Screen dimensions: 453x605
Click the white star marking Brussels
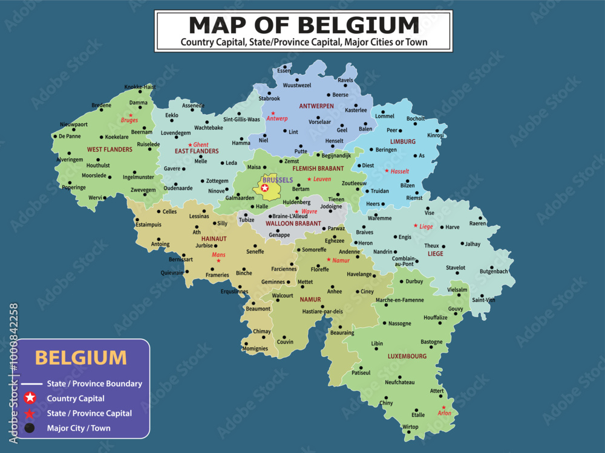pyautogui.click(x=264, y=188)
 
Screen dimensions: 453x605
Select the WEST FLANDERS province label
pyautogui.click(x=110, y=149)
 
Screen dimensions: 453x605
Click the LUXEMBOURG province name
pyautogui.click(x=407, y=356)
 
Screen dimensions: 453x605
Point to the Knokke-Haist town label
pyautogui.click(x=140, y=87)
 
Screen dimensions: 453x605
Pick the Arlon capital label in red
pyautogui.click(x=444, y=414)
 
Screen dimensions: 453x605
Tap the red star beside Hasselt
pyautogui.click(x=387, y=171)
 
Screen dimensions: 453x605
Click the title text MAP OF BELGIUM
pyautogui.click(x=304, y=25)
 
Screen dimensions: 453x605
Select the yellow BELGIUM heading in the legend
pyautogui.click(x=81, y=357)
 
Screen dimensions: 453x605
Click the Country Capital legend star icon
pyautogui.click(x=30, y=398)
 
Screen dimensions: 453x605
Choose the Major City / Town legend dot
pyautogui.click(x=30, y=428)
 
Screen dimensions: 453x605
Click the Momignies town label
pyautogui.click(x=255, y=349)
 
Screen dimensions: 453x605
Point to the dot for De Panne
pyautogui.click(x=54, y=137)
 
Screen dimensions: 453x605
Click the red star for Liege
pyautogui.click(x=415, y=226)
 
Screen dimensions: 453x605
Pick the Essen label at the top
pyautogui.click(x=284, y=71)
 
